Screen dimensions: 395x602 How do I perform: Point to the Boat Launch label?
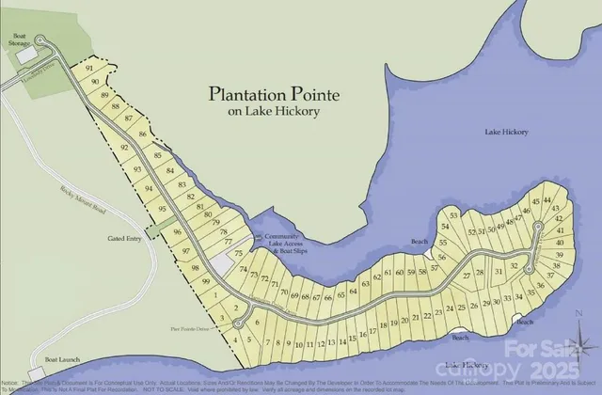click(58, 360)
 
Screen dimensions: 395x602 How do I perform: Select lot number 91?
click(88, 70)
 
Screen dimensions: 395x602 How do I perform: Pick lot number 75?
click(239, 254)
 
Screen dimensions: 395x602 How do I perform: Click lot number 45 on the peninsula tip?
click(536, 200)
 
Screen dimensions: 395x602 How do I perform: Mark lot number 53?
click(453, 217)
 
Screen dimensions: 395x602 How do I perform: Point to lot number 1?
click(215, 295)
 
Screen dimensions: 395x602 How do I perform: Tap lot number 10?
click(297, 345)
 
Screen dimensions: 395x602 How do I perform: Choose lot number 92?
click(123, 149)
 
